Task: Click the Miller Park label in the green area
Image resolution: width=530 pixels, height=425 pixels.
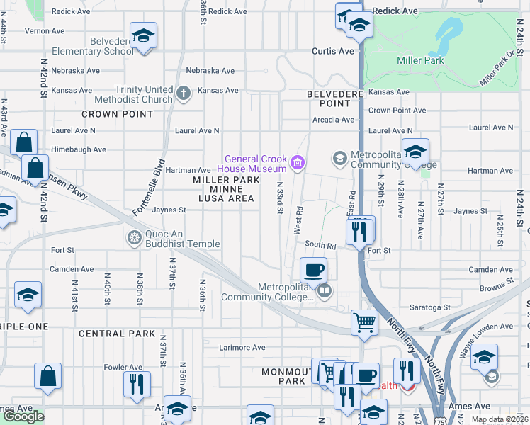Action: [x=420, y=60]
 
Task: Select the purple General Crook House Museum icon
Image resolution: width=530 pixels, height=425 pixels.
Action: [x=298, y=164]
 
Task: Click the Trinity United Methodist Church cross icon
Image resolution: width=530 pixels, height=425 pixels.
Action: [x=184, y=93]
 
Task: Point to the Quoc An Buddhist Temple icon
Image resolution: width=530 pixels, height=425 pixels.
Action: [x=133, y=237]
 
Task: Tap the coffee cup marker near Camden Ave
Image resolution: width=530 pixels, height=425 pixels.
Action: [x=313, y=271]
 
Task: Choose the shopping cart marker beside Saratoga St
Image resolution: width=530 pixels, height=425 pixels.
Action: [x=364, y=322]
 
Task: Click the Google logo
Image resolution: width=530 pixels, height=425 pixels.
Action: [x=23, y=416]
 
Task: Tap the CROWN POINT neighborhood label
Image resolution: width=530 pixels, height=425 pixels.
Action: [x=117, y=114]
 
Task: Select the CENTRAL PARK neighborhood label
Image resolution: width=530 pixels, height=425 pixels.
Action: [x=117, y=334]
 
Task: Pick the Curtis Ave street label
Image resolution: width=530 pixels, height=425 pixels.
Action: [x=333, y=52]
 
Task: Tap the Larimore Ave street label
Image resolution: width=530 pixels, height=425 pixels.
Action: [x=242, y=348]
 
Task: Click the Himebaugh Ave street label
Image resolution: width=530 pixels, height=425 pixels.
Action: [x=78, y=150]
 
